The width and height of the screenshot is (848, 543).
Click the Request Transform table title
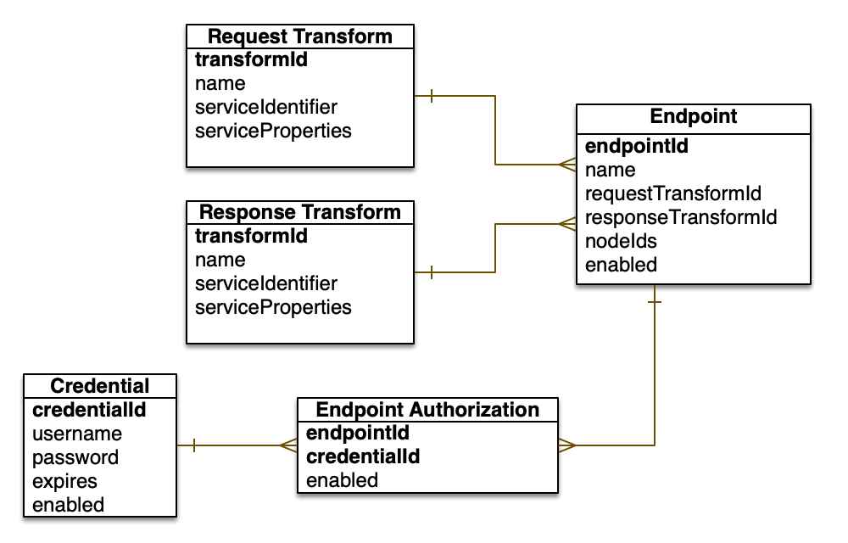click(x=300, y=36)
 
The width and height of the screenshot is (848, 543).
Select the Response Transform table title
click(x=300, y=212)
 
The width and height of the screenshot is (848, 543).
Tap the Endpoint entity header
click(x=693, y=116)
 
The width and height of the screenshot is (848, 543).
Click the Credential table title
click(x=100, y=386)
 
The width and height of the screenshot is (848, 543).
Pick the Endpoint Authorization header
click(x=427, y=410)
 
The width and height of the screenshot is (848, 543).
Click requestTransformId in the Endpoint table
click(x=673, y=193)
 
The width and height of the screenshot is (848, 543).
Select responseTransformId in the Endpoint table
click(x=681, y=217)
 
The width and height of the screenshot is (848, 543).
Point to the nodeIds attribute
click(x=621, y=241)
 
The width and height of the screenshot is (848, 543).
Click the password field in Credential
click(x=75, y=457)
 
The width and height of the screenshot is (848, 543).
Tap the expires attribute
click(x=64, y=481)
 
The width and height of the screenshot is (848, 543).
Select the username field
click(x=77, y=434)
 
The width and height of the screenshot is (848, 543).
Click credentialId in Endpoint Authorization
click(x=363, y=456)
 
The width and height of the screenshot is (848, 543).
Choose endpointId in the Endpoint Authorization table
click(x=357, y=433)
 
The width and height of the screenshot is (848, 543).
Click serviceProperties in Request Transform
click(x=273, y=131)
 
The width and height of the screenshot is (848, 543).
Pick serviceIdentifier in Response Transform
click(x=266, y=283)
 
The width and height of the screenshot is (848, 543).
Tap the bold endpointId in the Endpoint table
click(x=636, y=146)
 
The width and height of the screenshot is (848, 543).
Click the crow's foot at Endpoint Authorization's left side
click(x=288, y=445)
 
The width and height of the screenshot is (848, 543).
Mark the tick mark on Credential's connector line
click(x=194, y=445)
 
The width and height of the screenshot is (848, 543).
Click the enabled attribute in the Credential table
click(x=68, y=505)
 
